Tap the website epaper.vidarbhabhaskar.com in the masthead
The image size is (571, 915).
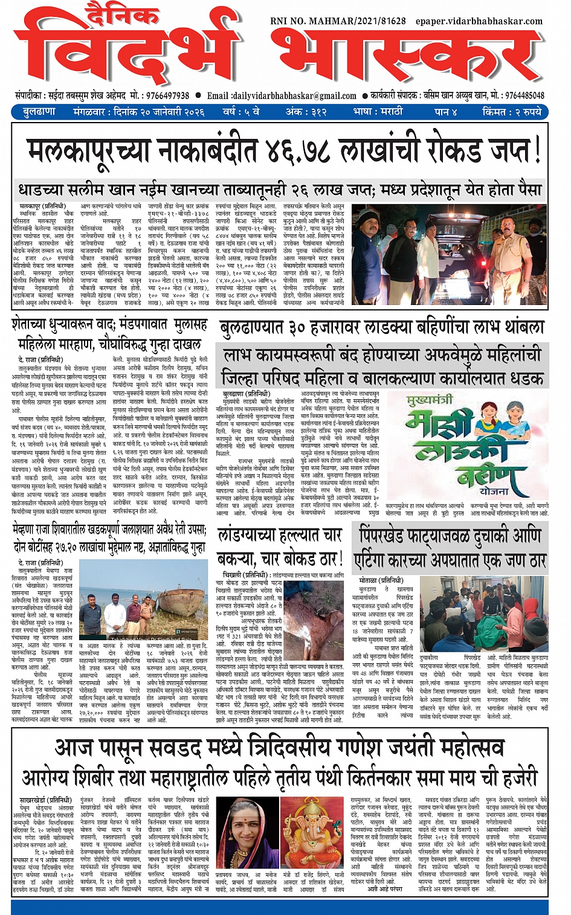click(479, 21)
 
